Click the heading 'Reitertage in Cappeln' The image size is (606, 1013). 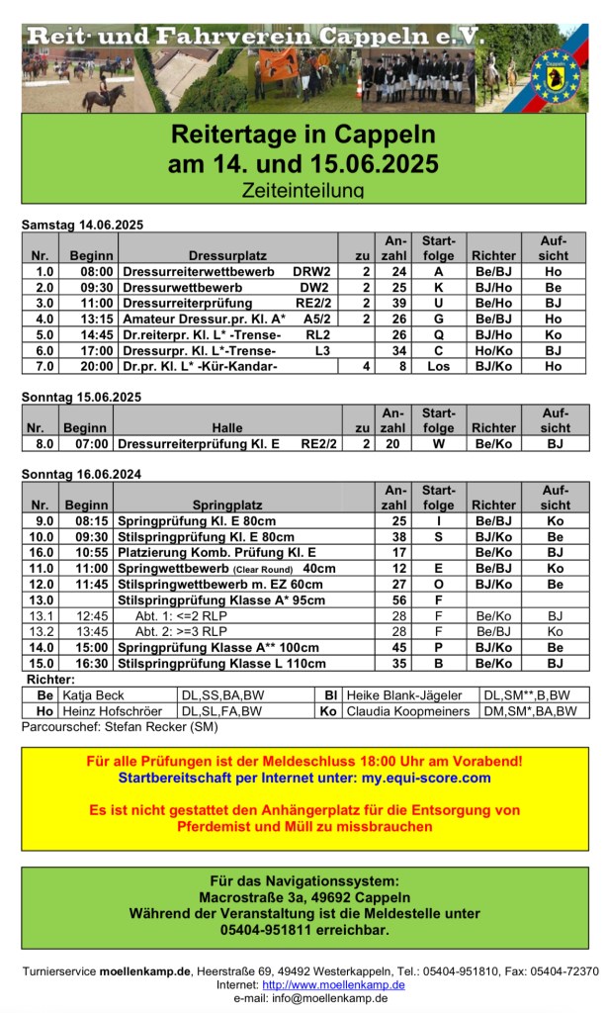303,134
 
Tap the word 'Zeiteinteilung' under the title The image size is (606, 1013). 303,188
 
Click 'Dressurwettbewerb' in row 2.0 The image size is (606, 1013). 183,287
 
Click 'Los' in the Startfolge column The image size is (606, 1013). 439,366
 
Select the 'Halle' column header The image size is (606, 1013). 226,427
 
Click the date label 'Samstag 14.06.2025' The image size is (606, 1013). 82,226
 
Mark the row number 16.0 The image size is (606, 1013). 44,552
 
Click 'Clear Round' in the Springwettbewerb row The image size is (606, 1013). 262,569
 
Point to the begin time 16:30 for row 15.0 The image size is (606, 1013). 93,663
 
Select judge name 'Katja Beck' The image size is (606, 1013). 94,694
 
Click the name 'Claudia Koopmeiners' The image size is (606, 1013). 405,710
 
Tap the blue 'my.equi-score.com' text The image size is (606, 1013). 425,778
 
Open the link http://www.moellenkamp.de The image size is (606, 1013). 333,985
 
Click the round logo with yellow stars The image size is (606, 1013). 556,74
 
